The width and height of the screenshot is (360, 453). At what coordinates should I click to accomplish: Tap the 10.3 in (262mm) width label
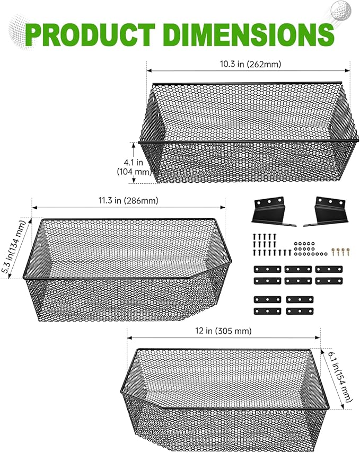250,64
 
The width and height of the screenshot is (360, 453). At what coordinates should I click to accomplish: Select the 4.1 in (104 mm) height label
134,167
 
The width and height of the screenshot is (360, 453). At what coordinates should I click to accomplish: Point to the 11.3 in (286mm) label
129,200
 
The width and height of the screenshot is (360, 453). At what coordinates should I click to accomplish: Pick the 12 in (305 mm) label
223,331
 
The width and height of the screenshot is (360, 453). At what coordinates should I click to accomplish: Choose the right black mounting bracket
326,211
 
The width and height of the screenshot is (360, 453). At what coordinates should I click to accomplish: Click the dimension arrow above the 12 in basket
224,337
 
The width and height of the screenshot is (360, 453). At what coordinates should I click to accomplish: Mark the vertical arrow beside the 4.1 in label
134,163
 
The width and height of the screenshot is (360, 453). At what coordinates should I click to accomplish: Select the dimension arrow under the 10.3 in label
248,70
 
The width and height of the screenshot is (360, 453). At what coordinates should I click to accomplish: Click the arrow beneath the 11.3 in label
128,207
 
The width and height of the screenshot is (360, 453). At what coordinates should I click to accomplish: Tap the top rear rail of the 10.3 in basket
247,84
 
